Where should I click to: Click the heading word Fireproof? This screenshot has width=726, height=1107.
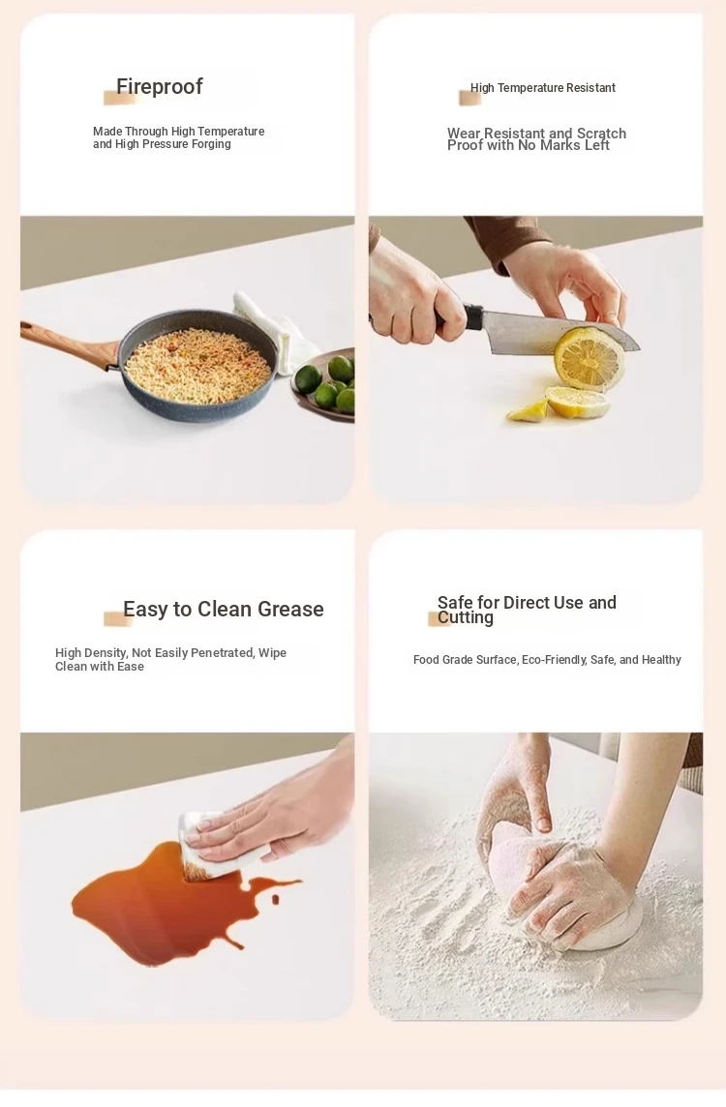(x=159, y=87)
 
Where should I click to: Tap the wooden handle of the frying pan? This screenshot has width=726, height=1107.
(x=67, y=344)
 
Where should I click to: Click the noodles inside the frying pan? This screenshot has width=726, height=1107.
(x=197, y=366)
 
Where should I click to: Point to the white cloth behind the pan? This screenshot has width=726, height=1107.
(x=276, y=332)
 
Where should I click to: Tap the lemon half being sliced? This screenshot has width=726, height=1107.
(x=589, y=359)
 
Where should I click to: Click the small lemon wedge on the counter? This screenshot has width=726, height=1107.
(x=529, y=411)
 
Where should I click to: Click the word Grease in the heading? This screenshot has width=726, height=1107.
(x=290, y=610)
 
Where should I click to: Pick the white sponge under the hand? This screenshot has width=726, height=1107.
(x=212, y=848)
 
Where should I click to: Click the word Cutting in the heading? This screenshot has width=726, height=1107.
(x=466, y=617)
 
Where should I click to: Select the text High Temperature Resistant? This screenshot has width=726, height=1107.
(x=542, y=88)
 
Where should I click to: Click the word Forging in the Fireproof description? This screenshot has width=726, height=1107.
(x=211, y=144)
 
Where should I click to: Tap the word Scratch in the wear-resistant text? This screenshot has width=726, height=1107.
(x=601, y=134)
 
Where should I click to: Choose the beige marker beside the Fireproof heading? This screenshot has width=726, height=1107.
(x=118, y=98)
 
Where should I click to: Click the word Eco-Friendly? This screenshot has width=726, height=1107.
(x=554, y=659)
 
